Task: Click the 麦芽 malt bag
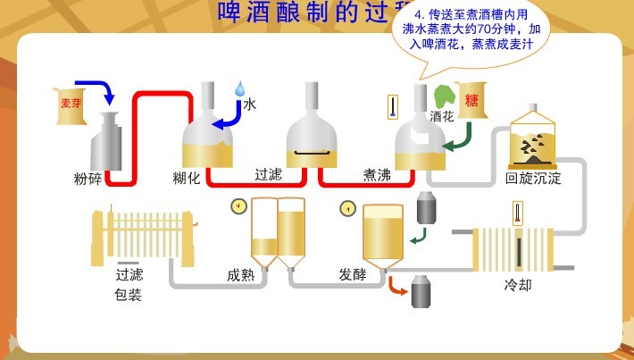pyautogui.click(x=69, y=103)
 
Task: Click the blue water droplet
pyautogui.click(x=239, y=88)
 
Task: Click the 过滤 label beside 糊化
pyautogui.click(x=268, y=174)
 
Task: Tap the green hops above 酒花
pyautogui.click(x=444, y=95)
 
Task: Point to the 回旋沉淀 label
pyautogui.click(x=533, y=178)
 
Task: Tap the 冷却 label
pyautogui.click(x=518, y=286)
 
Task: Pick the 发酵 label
pyautogui.click(x=353, y=274)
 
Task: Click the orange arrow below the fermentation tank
pyautogui.click(x=396, y=285)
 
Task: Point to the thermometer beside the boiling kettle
pyautogui.click(x=391, y=107)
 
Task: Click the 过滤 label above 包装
pyautogui.click(x=129, y=274)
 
